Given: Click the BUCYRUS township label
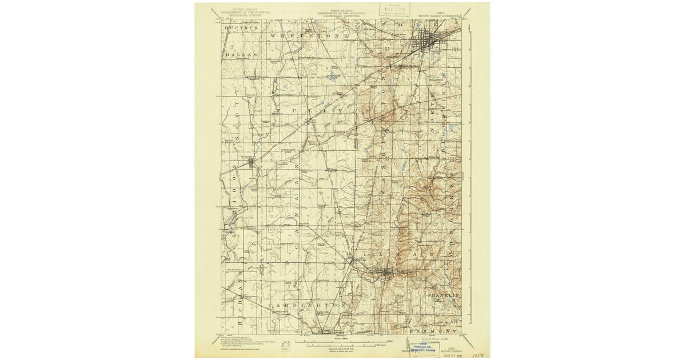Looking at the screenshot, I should tap(242, 27).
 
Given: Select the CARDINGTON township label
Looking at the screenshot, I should tap(306, 306).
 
